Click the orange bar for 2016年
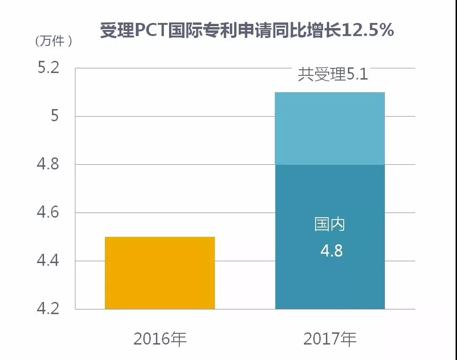point(160,272)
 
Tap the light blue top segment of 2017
point(330,128)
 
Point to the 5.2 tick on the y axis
point(49,68)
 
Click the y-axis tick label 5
point(55,116)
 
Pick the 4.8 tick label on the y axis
point(49,165)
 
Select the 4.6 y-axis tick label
point(49,213)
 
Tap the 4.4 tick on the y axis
point(49,261)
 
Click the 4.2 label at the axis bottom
point(49,309)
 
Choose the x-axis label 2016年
point(160,338)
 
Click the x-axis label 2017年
point(330,338)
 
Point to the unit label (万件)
point(54,41)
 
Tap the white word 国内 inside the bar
point(330,225)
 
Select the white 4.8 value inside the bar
point(331,250)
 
